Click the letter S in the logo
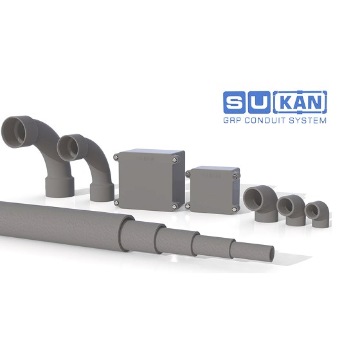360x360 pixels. point(234,102)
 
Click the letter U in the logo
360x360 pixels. point(259,102)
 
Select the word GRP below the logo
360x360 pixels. point(232,120)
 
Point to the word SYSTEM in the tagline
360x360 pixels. point(308,120)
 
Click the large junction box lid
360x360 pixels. point(145,181)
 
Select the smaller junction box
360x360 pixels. point(213,190)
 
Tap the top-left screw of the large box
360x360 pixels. point(116,157)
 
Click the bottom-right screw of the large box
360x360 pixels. point(175,206)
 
